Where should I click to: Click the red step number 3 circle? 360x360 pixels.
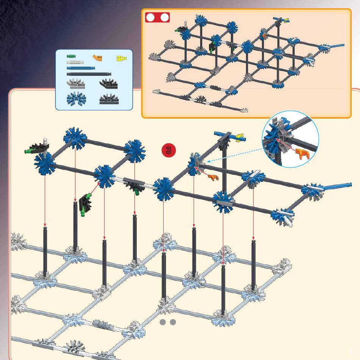[x=168, y=150]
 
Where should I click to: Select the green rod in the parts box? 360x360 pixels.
[x=71, y=56]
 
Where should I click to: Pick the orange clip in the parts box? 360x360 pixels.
[x=97, y=58]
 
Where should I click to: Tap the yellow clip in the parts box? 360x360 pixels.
[x=122, y=58]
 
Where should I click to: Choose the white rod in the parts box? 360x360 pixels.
[x=75, y=62]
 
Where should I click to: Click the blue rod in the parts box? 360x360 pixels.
[x=81, y=68]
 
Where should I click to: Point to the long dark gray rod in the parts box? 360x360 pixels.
[x=89, y=74]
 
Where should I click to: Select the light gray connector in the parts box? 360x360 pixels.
[x=76, y=84]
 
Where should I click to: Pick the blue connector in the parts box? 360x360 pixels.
[x=76, y=99]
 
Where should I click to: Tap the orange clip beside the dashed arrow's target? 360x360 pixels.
[x=213, y=177]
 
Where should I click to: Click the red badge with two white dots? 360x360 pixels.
[x=157, y=17]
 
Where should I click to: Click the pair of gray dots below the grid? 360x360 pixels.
[x=168, y=322]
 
